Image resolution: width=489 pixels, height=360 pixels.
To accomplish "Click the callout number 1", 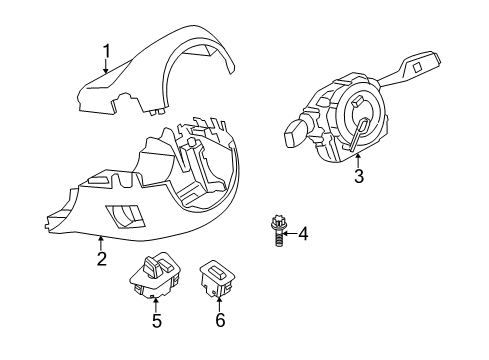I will [x=106, y=49].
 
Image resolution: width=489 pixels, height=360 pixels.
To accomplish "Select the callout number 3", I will [x=357, y=178].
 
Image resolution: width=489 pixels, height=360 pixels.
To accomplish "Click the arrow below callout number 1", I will [x=106, y=68].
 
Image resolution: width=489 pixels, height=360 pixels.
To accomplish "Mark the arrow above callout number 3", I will [x=357, y=160].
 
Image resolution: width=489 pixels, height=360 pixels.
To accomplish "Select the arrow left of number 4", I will [x=288, y=235].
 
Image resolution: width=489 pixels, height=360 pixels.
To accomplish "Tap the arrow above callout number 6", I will [x=219, y=304].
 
